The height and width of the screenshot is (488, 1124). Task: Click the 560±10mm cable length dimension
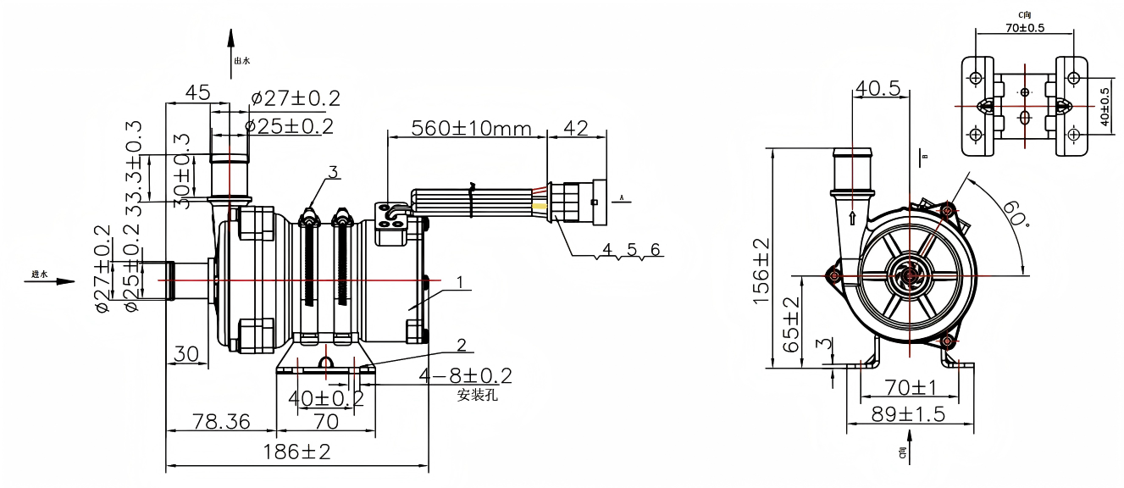point(471,129)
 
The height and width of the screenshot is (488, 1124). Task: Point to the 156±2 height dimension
point(761,270)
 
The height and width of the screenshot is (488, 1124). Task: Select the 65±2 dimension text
point(791,325)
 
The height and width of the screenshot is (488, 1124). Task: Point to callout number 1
point(460,281)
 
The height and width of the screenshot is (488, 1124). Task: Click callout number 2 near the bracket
point(462,345)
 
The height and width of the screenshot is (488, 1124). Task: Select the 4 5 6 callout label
point(631,250)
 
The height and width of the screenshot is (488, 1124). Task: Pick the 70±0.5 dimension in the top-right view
point(1024,27)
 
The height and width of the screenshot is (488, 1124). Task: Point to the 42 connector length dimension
point(576,129)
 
